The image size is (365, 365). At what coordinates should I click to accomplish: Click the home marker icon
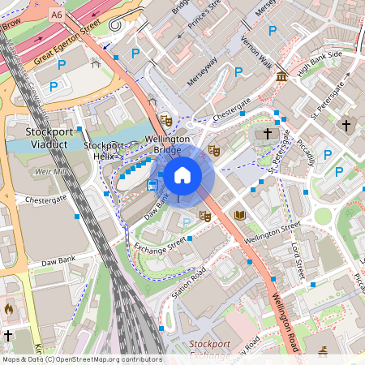(x=182, y=174)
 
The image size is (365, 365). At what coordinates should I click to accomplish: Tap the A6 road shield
(x=56, y=14)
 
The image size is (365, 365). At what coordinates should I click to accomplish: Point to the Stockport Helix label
(x=104, y=151)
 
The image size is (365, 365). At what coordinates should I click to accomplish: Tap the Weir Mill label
(x=51, y=172)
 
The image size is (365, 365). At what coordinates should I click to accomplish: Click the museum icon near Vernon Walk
(x=281, y=76)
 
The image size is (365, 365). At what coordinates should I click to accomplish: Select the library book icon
(x=239, y=215)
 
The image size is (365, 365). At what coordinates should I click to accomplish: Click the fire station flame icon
(x=9, y=308)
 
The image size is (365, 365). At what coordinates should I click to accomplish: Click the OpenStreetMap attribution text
(x=82, y=359)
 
